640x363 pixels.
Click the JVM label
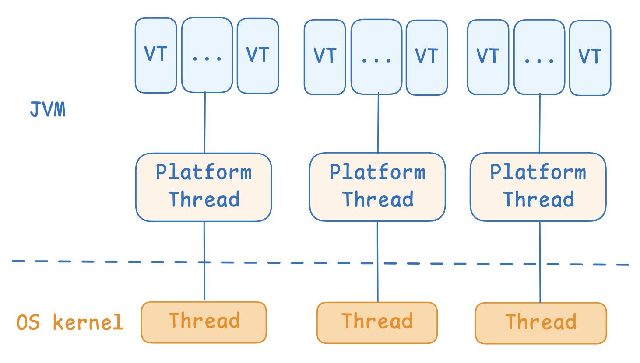[48, 109]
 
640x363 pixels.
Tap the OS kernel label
[70, 322]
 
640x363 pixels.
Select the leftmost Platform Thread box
[204, 187]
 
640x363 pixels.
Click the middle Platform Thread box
[377, 187]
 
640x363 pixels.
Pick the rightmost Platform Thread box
[538, 187]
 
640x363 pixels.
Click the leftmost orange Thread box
[204, 322]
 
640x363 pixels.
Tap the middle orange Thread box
[377, 323]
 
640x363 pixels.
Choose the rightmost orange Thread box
[541, 323]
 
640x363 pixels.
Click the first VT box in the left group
[156, 56]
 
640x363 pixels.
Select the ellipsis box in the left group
[207, 55]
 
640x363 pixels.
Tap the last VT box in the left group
[258, 56]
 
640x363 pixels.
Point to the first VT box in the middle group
[325, 57]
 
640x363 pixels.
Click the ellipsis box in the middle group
[376, 57]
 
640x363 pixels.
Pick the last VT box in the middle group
[427, 58]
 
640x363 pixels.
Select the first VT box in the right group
[488, 57]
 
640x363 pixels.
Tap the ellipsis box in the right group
[539, 57]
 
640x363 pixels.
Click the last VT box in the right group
[590, 58]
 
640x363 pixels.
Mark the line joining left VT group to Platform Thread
[205, 123]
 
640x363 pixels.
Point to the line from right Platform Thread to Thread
[540, 262]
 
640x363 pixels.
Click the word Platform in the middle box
[377, 172]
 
